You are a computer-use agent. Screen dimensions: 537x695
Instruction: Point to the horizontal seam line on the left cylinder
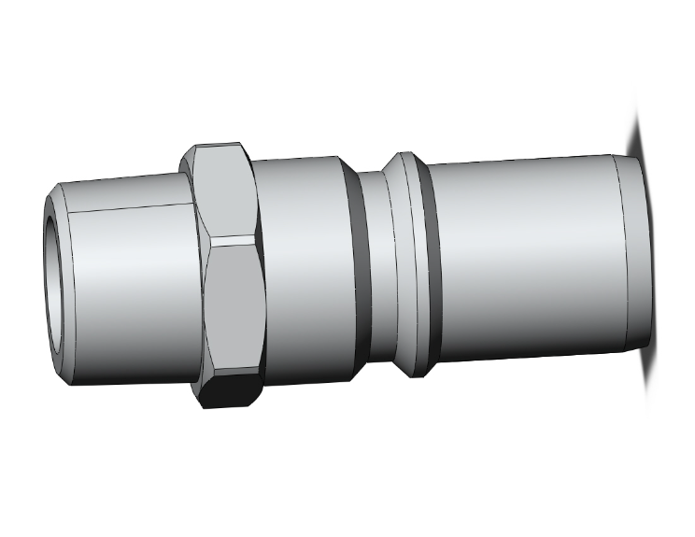pyautogui.click(x=131, y=206)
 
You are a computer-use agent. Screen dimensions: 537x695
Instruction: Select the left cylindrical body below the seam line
pyautogui.click(x=131, y=299)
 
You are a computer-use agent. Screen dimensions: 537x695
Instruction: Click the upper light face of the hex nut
pyautogui.click(x=224, y=191)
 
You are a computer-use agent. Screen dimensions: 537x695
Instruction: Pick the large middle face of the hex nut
pyautogui.click(x=234, y=308)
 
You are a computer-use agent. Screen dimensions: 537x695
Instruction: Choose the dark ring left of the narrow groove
pyautogui.click(x=362, y=271)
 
